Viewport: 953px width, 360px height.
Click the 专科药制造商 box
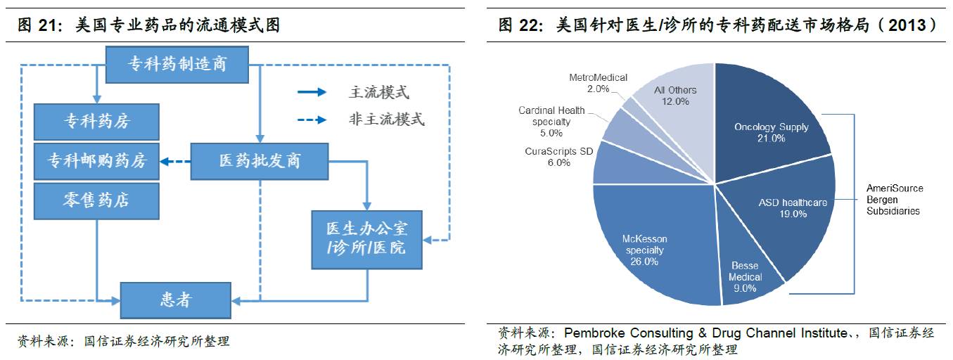point(177,65)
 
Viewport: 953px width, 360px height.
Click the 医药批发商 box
point(260,161)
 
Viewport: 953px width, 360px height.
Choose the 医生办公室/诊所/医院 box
point(366,239)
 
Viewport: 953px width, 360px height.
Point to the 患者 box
point(175,300)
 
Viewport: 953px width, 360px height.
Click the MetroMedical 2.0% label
point(598,83)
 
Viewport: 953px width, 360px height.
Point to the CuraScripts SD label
point(560,157)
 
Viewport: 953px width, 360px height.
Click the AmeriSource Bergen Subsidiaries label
point(895,200)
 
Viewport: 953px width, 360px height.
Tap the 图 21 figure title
point(148,26)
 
